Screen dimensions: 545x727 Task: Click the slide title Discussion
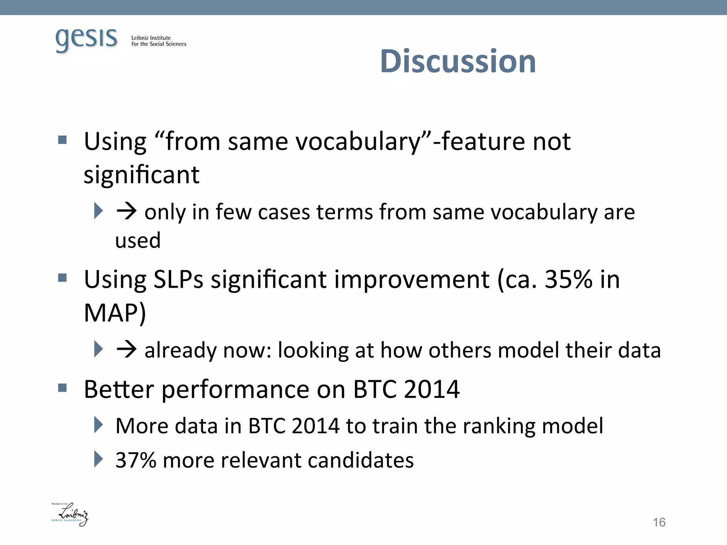[458, 61]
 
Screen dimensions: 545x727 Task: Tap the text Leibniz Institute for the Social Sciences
[158, 41]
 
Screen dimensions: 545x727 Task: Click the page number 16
[659, 522]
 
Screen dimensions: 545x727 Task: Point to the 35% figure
[568, 279]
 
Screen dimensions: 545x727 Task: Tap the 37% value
[136, 460]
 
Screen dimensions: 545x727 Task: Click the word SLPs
[178, 279]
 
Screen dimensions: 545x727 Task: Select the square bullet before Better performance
[62, 388]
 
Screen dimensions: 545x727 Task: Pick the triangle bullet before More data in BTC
[98, 425]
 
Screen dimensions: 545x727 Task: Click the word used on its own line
[138, 241]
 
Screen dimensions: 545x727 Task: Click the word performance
[235, 390]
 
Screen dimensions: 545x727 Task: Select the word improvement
[412, 279]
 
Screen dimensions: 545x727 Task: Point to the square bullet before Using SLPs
[62, 277]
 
